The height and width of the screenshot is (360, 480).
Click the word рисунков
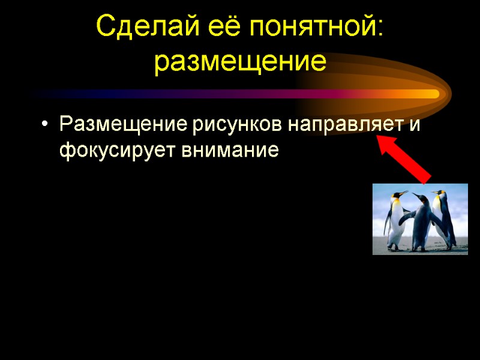click(x=238, y=126)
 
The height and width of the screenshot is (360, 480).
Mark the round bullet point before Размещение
click(x=44, y=126)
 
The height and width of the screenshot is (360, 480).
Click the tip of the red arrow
click(x=379, y=139)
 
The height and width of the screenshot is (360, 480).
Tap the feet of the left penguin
click(x=394, y=247)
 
